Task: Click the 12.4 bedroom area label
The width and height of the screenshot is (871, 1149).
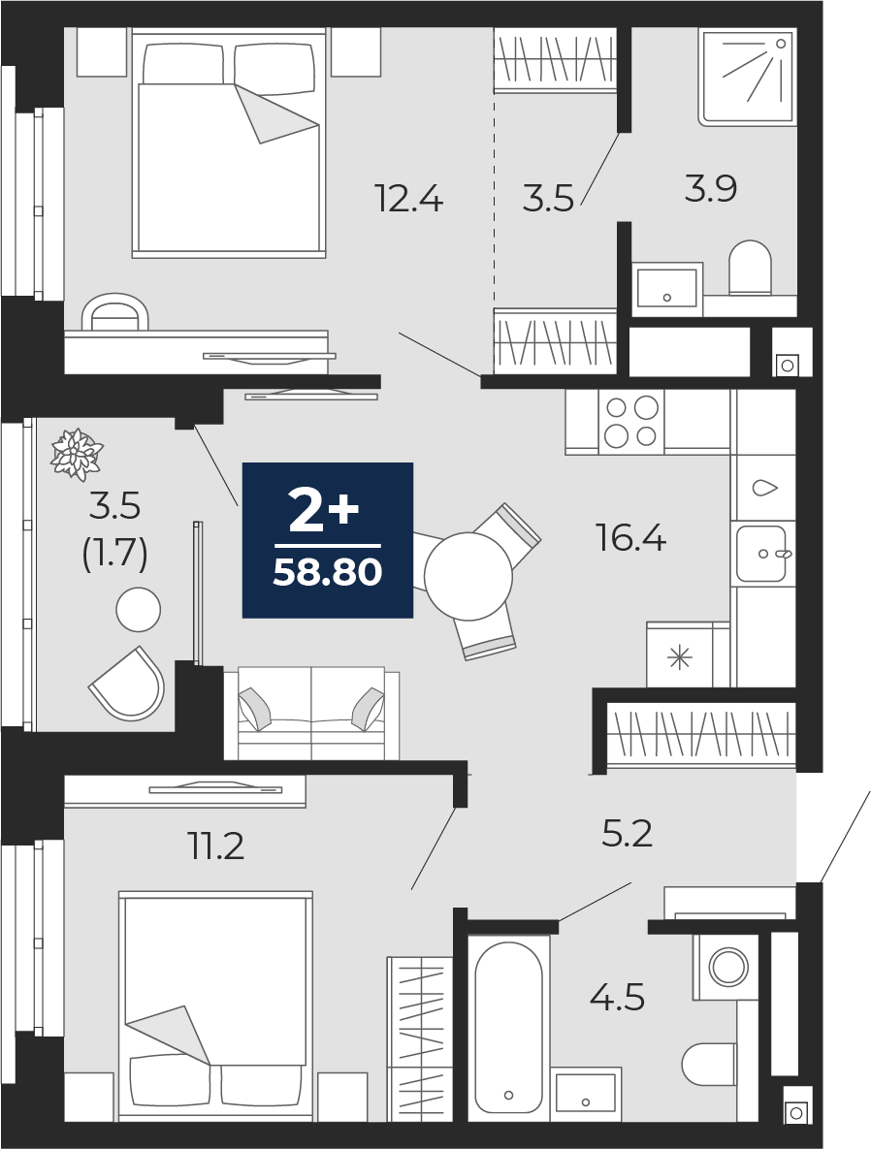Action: pos(408,200)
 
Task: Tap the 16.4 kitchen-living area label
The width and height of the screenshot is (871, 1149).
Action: pos(631,536)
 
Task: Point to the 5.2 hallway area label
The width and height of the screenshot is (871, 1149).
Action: pos(627,833)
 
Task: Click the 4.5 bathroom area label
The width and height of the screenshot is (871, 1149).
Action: pos(618,996)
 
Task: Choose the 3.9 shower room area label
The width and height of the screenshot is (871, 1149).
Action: pos(711,189)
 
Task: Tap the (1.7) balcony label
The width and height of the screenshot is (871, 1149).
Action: pos(115,555)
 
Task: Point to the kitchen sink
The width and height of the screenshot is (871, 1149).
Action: pos(760,554)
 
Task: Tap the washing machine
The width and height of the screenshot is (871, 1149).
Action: pos(725,967)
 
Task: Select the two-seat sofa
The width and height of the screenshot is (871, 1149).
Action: pos(311,714)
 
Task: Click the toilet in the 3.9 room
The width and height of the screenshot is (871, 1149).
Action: pos(750,268)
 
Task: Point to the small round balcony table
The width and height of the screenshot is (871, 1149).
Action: pos(138,610)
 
